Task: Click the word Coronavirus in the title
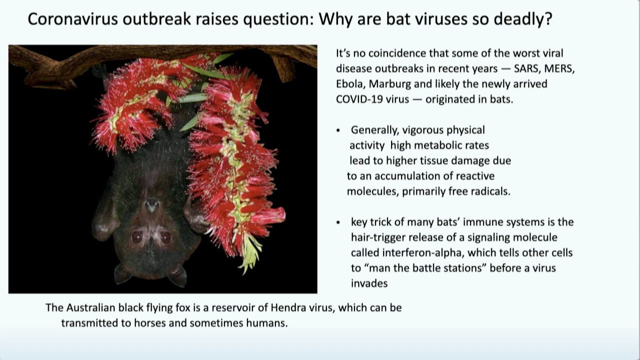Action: pos(73,19)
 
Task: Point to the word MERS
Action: pos(559,69)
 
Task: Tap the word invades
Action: pos(369,283)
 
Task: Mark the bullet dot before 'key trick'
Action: pos(338,222)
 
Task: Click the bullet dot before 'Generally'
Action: pos(338,130)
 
